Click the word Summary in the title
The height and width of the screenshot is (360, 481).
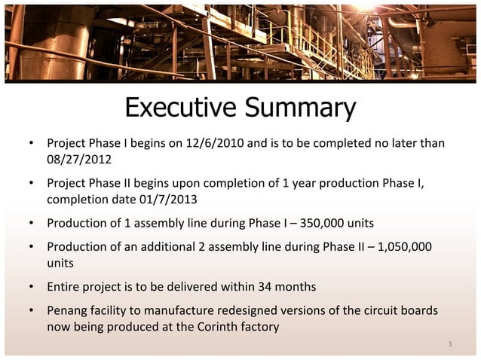click(299, 109)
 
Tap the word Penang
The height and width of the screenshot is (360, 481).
click(68, 311)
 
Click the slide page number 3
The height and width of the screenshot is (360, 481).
click(449, 345)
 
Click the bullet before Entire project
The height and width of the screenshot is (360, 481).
click(32, 288)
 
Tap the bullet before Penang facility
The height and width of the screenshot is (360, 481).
click(32, 312)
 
